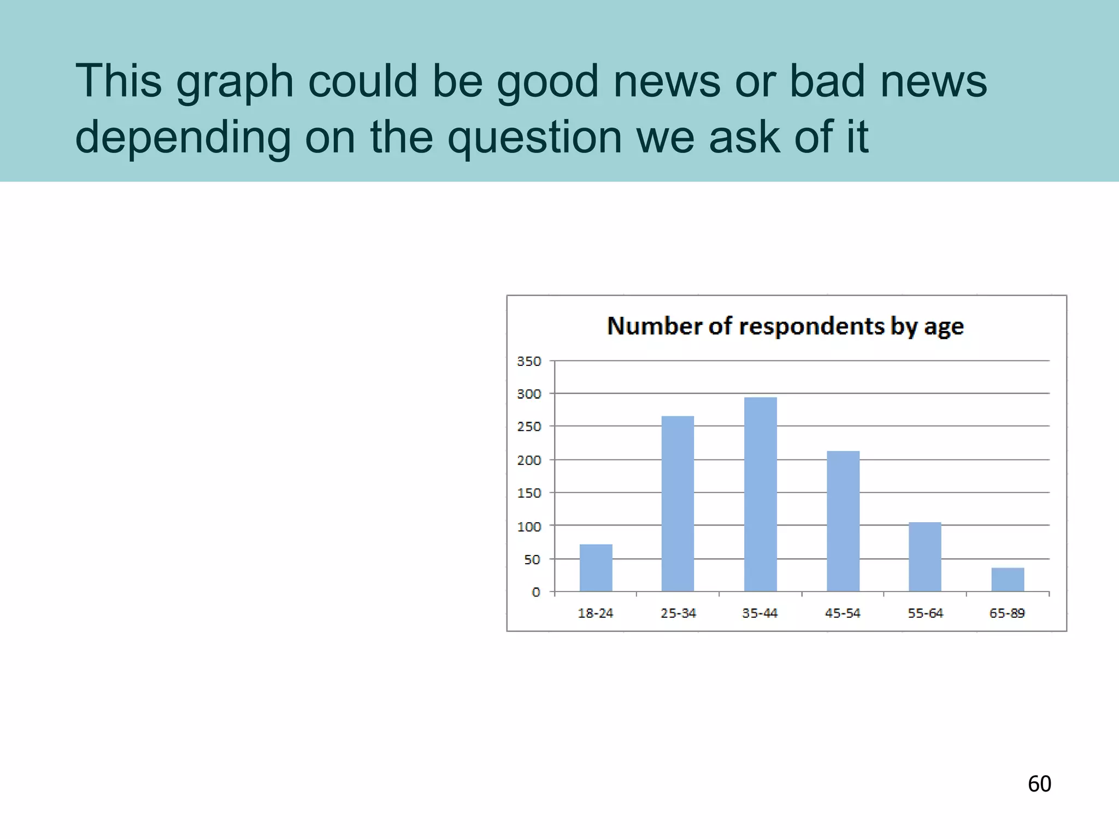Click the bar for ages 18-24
coord(596,568)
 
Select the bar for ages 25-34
coord(678,504)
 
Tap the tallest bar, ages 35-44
coord(760,494)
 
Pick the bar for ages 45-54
coord(843,521)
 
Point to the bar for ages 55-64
coord(925,557)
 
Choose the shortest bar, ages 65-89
coord(1008,580)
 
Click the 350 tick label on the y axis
coord(529,361)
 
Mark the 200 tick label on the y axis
coord(529,460)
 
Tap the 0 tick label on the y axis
coord(536,592)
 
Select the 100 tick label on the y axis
coord(529,527)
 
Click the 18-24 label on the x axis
coord(595,613)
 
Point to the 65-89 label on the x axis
coord(1007,613)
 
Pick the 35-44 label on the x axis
coord(759,613)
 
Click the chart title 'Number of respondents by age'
coord(785,326)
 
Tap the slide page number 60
coord(1039,784)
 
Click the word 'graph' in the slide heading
coord(235,82)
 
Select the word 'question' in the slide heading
coord(535,138)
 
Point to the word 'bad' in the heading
coord(827,81)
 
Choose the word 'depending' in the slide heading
coord(183,138)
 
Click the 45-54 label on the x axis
coord(843,613)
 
